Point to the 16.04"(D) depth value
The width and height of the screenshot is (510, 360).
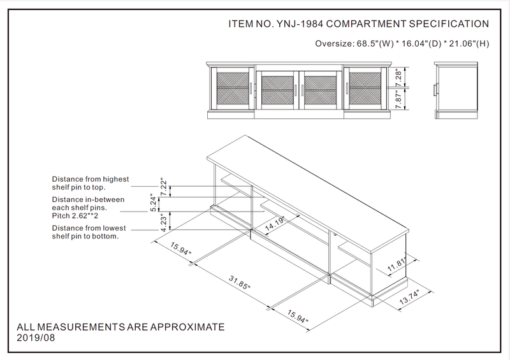tap(420, 44)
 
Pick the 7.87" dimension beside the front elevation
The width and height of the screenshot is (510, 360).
tap(398, 99)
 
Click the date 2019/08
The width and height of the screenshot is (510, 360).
tap(36, 338)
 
